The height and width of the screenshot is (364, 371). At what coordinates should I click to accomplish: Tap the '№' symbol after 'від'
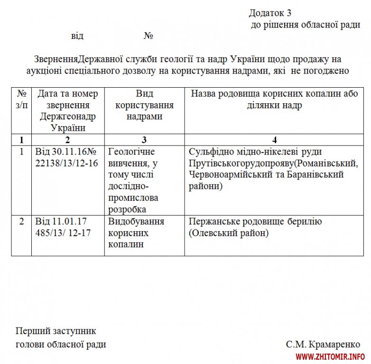148,36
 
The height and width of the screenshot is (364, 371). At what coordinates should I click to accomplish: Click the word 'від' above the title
77,36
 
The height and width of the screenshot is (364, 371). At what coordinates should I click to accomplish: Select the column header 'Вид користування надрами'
144,105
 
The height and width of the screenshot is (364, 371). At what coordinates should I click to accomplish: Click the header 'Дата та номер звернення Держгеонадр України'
68,110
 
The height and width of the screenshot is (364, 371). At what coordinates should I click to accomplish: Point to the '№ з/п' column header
21,99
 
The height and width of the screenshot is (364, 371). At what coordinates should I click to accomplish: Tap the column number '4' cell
275,139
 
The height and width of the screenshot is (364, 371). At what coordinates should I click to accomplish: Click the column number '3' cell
144,139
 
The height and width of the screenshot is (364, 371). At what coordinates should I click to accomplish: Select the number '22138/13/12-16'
66,163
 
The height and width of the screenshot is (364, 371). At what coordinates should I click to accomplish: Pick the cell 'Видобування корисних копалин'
136,233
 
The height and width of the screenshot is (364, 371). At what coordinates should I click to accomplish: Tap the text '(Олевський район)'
228,233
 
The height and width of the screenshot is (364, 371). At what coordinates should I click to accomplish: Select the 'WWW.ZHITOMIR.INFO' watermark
330,356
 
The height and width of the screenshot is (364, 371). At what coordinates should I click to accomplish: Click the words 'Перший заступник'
56,331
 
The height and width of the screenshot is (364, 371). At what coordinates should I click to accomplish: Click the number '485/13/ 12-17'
64,233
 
